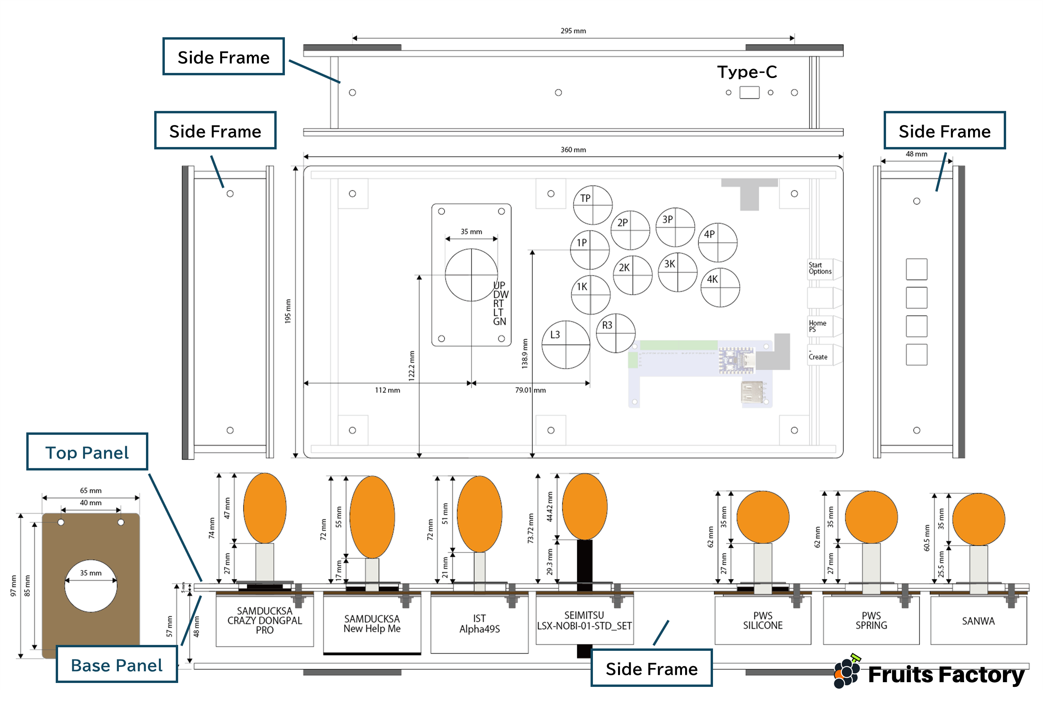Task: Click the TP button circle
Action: tap(593, 205)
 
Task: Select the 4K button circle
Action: tap(720, 288)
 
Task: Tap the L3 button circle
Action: tap(565, 344)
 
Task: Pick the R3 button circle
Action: tap(616, 333)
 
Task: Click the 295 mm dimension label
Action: tap(573, 31)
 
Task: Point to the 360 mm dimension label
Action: tap(573, 150)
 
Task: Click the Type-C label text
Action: tap(747, 72)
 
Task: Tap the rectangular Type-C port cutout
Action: tap(749, 93)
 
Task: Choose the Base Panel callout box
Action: tap(117, 665)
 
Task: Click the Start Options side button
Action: tap(821, 269)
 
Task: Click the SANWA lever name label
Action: tap(978, 621)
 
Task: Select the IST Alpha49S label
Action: tap(479, 624)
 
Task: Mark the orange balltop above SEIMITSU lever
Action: tap(584, 506)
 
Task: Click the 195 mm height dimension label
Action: tap(288, 311)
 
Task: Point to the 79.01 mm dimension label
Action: tap(530, 390)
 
